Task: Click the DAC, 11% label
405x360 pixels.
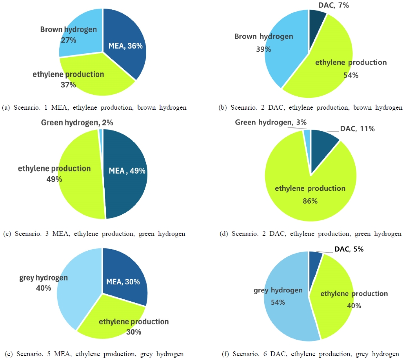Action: tap(357, 128)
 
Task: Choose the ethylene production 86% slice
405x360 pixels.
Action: tap(310, 192)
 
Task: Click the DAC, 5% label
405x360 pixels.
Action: tap(349, 249)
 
